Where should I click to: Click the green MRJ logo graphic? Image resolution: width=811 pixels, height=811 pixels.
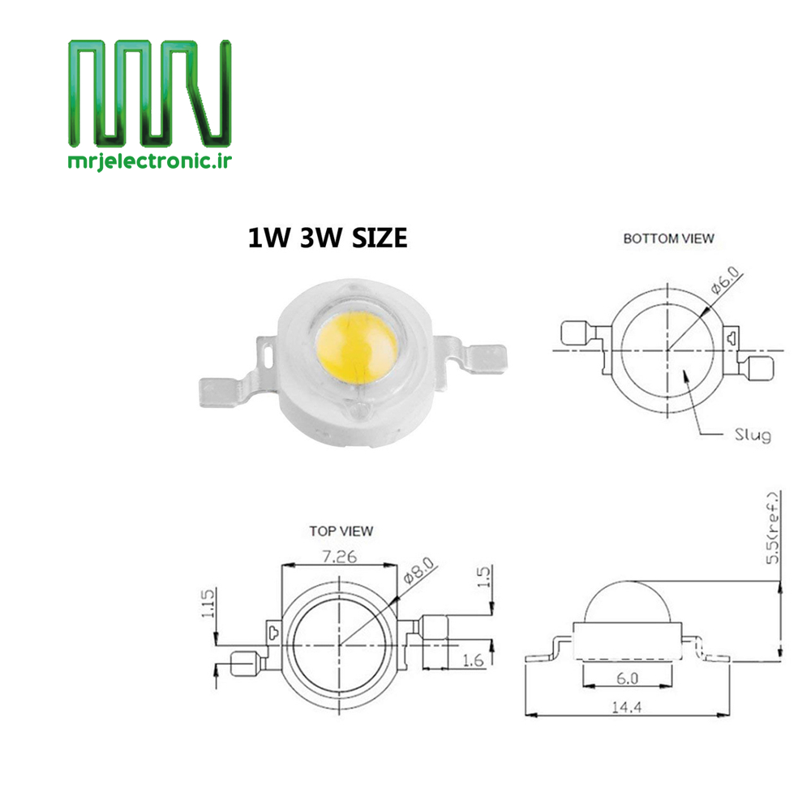pyautogui.click(x=149, y=93)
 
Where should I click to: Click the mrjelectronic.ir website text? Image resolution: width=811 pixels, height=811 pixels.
pyautogui.click(x=150, y=161)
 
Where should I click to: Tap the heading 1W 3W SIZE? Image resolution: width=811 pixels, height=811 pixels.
pyautogui.click(x=328, y=238)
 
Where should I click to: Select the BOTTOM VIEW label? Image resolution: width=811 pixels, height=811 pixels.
pyautogui.click(x=668, y=238)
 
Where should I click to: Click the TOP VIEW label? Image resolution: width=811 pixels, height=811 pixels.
pyautogui.click(x=341, y=531)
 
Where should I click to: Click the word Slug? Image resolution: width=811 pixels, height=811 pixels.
pyautogui.click(x=753, y=435)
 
